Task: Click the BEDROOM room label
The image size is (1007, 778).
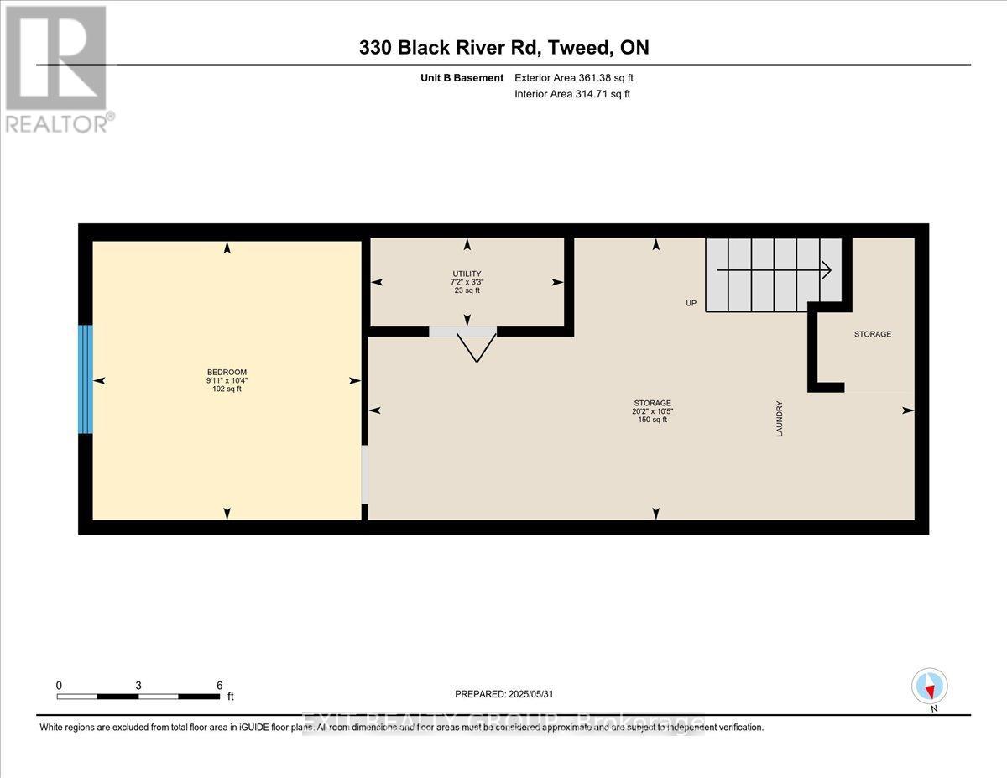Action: pos(227,372)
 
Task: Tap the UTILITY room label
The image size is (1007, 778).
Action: pos(467,274)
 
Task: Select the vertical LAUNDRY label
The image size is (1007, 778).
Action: pos(780,420)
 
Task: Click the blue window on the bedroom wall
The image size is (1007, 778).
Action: pos(85,379)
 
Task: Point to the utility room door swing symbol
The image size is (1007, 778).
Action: pos(476,345)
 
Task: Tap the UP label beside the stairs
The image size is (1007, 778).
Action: pos(691,303)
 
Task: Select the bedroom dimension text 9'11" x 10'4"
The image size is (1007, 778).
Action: pos(227,380)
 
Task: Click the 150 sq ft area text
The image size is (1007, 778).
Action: pos(652,420)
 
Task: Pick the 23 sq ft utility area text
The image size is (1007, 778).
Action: pos(467,290)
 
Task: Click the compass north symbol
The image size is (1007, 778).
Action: pos(929,686)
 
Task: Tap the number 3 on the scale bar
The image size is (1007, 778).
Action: pos(138,685)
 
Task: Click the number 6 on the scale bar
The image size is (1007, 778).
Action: pos(219,685)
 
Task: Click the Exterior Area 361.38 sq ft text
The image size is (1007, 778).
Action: pos(573,78)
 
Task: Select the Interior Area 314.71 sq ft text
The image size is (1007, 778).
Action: pos(571,94)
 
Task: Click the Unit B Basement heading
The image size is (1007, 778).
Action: pos(463,78)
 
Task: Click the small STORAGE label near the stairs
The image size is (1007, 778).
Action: pos(872,334)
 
